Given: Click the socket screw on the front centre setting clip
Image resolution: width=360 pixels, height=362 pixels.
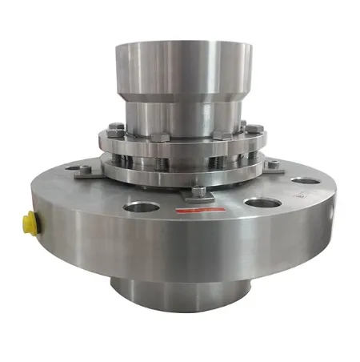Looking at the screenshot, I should point(198,191).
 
